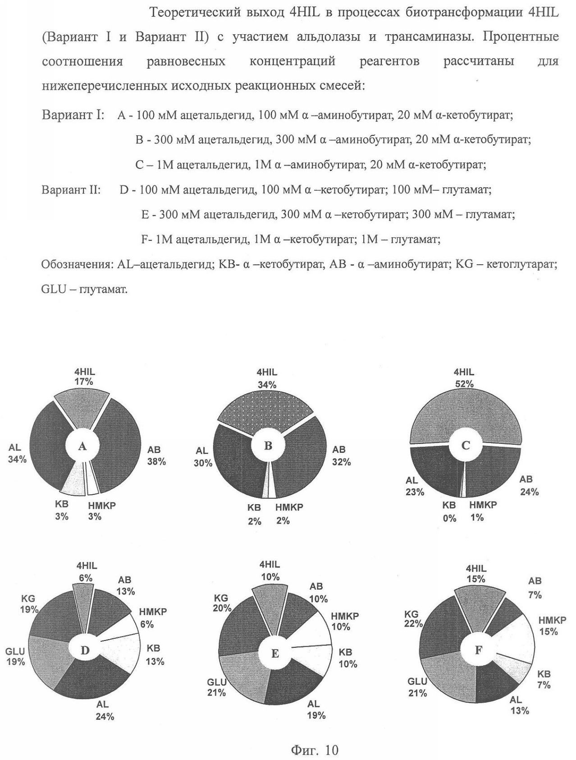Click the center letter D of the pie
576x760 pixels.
pyautogui.click(x=85, y=650)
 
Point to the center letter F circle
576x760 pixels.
pyautogui.click(x=479, y=650)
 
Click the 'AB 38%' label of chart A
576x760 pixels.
pyautogui.click(x=156, y=456)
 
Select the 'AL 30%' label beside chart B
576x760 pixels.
pyautogui.click(x=203, y=457)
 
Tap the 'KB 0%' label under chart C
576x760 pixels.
pyautogui.click(x=449, y=511)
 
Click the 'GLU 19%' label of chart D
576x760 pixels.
pyautogui.click(x=15, y=657)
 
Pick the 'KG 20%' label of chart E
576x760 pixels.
pyautogui.click(x=221, y=603)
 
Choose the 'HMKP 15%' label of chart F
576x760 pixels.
pyautogui.click(x=551, y=626)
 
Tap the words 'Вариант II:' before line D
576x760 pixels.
pyautogui.click(x=71, y=189)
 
